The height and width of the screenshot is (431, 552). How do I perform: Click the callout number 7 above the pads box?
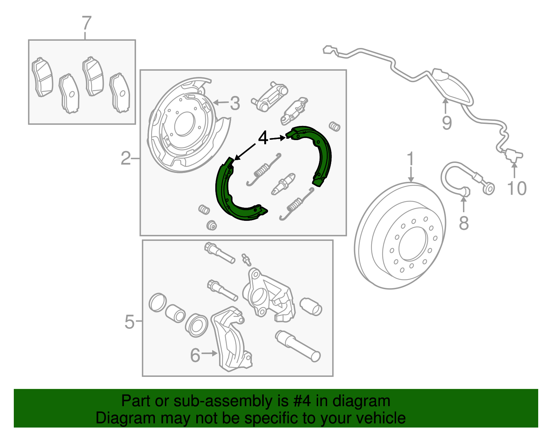pyautogui.click(x=86, y=23)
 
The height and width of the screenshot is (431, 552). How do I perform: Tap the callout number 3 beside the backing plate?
pyautogui.click(x=235, y=103)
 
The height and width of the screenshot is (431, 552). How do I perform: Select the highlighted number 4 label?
pyautogui.click(x=263, y=138)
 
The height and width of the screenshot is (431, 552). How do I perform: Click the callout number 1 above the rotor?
pyautogui.click(x=410, y=159)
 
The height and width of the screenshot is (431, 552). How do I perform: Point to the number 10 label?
pyautogui.click(x=516, y=188)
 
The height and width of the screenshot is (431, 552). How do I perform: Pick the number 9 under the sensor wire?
pyautogui.click(x=446, y=123)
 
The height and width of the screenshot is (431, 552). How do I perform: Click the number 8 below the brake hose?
pyautogui.click(x=464, y=223)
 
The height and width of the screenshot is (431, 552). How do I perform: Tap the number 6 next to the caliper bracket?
pyautogui.click(x=195, y=355)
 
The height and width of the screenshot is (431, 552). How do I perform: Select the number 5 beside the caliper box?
pyautogui.click(x=129, y=322)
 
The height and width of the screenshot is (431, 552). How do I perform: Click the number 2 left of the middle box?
pyautogui.click(x=126, y=158)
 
